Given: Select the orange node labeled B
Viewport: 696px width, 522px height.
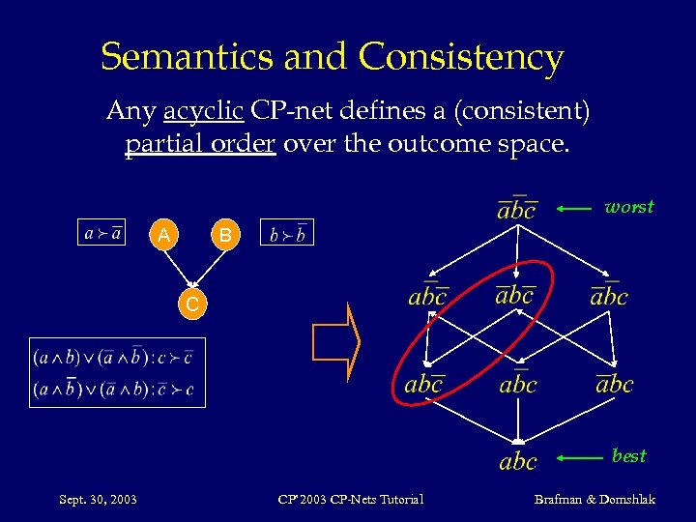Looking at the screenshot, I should [224, 235].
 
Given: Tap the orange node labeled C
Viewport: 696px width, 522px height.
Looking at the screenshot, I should [193, 304].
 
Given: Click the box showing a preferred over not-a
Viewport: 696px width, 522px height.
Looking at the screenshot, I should [101, 233].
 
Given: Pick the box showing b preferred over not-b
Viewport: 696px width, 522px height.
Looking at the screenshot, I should [287, 233].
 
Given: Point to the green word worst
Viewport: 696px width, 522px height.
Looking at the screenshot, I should [628, 207].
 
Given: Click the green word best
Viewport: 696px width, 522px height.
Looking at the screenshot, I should [629, 455].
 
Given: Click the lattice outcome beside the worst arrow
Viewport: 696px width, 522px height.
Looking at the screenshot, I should [516, 208].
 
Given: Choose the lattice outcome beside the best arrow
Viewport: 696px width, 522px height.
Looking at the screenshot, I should [517, 461].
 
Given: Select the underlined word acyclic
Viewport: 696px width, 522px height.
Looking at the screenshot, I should [203, 112].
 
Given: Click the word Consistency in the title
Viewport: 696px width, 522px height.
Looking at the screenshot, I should [461, 58].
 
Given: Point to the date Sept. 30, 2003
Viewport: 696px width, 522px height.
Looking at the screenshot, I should [98, 499].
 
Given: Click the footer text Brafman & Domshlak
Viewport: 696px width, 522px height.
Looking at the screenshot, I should [594, 499].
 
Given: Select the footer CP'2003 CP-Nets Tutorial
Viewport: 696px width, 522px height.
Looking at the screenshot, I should [350, 499].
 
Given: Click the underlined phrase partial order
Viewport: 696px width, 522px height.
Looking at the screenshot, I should [199, 145].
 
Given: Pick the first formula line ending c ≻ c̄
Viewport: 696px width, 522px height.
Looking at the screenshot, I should [117, 357].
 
